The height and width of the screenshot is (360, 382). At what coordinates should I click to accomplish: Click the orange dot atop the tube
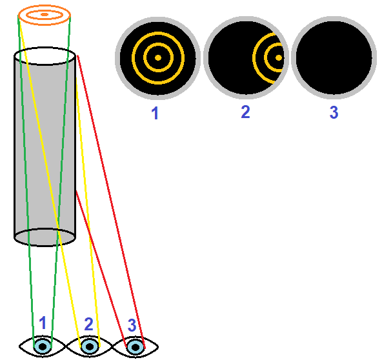(x=45, y=15)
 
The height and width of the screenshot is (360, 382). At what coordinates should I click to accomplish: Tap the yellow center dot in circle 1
(x=158, y=57)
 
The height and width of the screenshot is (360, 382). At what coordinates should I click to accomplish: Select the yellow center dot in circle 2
(x=279, y=57)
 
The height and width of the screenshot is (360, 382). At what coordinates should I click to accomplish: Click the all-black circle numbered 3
(x=334, y=57)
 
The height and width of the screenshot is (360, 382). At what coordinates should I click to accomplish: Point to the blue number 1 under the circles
(x=155, y=114)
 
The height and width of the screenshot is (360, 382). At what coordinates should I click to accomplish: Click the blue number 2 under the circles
(x=246, y=112)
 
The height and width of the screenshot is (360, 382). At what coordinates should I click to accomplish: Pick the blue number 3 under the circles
(x=334, y=112)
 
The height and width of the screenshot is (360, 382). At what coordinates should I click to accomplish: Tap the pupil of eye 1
(x=43, y=346)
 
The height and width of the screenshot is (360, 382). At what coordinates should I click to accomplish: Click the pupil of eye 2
(x=90, y=346)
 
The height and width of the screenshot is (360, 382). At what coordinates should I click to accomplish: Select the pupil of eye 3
(x=136, y=347)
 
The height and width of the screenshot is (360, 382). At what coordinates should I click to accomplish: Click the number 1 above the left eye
(x=43, y=323)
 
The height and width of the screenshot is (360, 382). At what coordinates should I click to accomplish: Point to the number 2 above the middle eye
(x=88, y=325)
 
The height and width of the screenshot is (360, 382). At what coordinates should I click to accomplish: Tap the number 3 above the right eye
(x=132, y=325)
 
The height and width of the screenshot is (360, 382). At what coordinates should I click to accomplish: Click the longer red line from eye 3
(x=111, y=202)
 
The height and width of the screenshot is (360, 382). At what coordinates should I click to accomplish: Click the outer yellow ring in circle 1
(x=158, y=32)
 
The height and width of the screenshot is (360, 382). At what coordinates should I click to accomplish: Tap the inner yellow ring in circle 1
(x=158, y=44)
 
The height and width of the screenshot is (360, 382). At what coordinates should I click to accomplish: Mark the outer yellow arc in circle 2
(x=254, y=57)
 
